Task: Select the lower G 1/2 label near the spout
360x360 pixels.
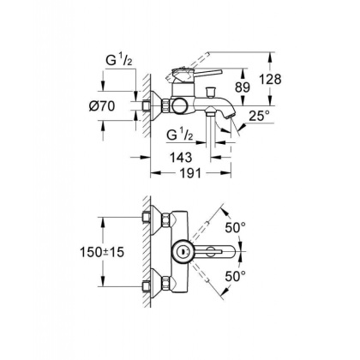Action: pos(178,135)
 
